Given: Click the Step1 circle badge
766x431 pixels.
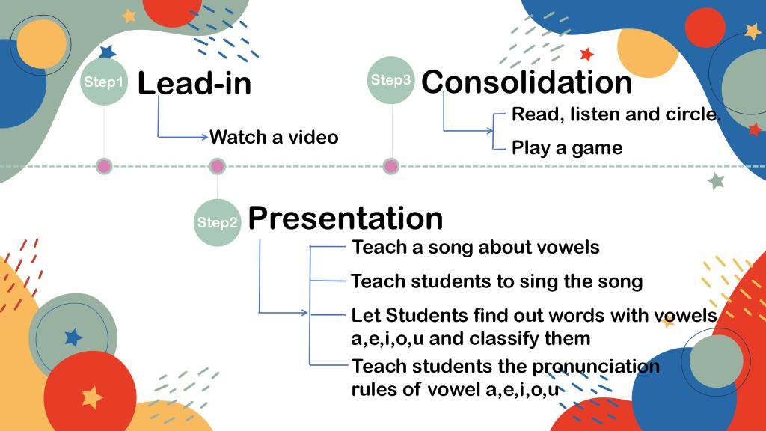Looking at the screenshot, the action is coord(103,82).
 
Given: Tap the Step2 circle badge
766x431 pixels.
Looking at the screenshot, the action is coord(218,222).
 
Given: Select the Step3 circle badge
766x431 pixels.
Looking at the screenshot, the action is coord(390,80).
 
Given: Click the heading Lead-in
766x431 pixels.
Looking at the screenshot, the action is coord(194,83).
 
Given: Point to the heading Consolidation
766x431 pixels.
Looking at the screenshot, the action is coord(527,82).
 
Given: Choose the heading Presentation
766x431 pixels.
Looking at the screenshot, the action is coord(346,218).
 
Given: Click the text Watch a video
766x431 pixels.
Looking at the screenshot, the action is coord(274,138).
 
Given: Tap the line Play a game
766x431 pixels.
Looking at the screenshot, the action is coord(567,148).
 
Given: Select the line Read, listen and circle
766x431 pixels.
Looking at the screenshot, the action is coord(616,114).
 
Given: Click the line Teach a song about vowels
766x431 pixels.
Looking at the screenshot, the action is coord(476,247).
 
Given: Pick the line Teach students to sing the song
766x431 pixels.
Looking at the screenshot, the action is coord(497,281).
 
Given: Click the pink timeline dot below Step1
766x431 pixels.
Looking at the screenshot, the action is coord(104,167).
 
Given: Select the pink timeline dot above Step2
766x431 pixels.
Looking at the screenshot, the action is coord(218,167).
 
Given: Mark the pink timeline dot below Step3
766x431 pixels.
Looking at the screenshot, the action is coord(390,167).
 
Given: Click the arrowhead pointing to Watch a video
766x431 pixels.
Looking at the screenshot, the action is coord(205,137).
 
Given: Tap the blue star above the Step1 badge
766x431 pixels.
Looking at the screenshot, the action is coord(108,52).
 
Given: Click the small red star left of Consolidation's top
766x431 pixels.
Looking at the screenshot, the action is coord(587,54).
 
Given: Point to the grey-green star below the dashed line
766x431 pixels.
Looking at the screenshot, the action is coord(716,181).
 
